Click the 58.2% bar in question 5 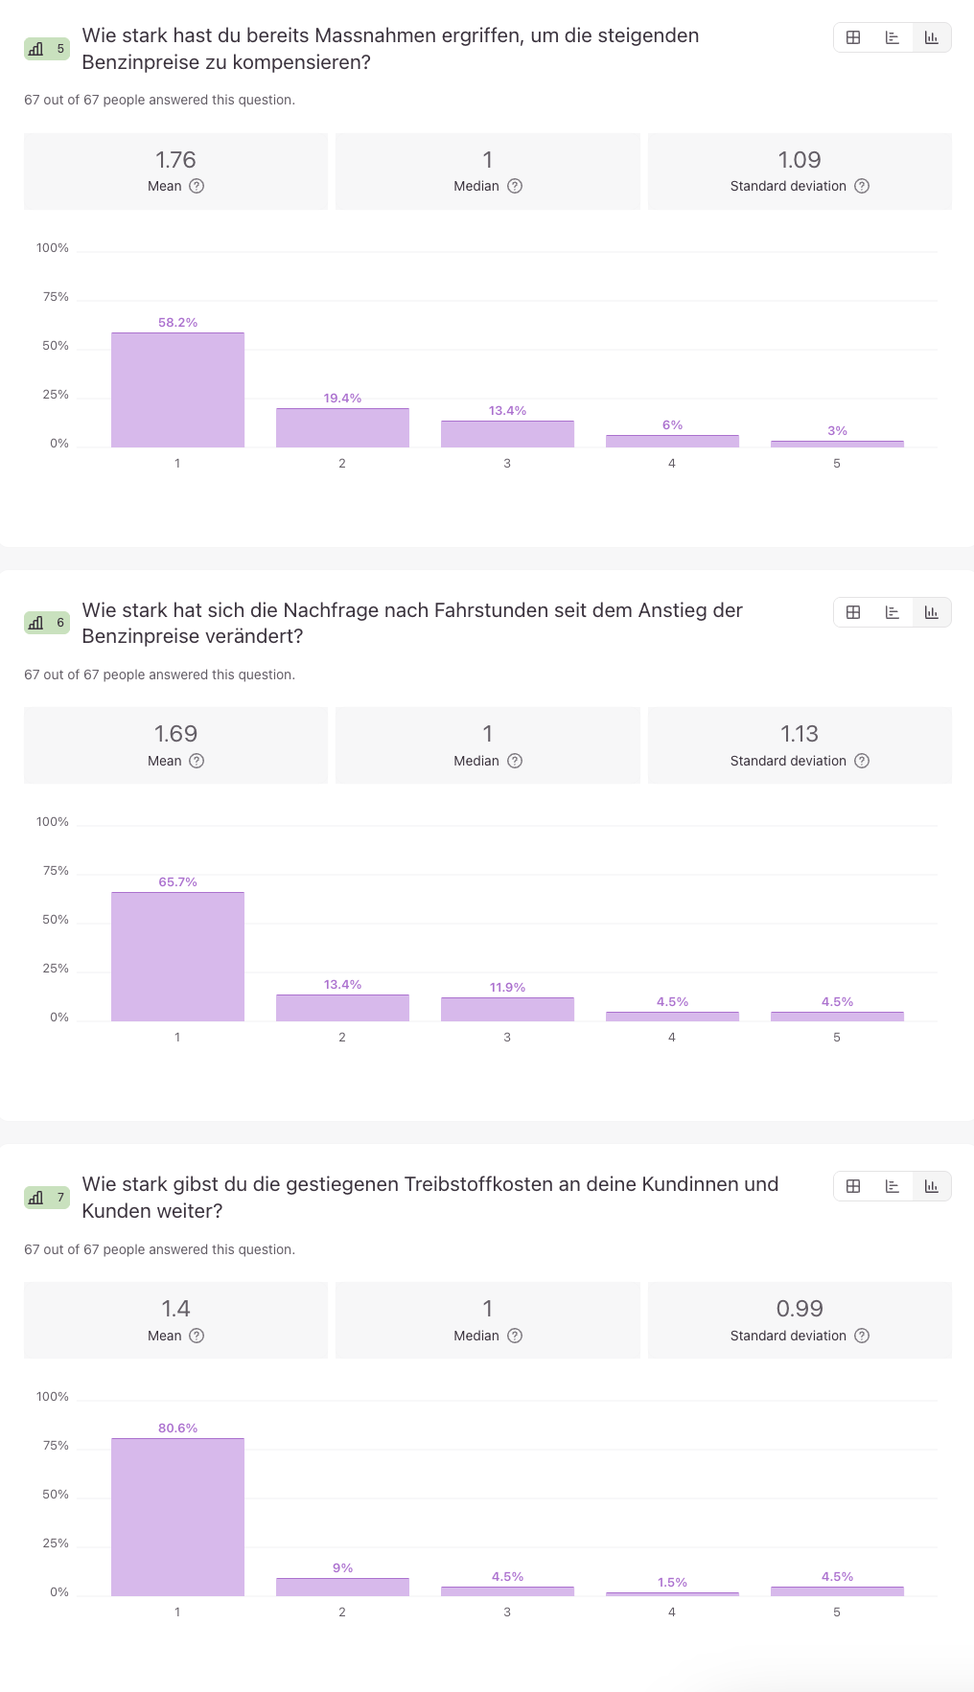tap(177, 390)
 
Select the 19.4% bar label tap(342, 399)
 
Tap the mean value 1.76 tap(175, 160)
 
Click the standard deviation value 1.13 tap(799, 734)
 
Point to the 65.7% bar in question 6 tap(177, 956)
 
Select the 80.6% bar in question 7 tap(177, 1517)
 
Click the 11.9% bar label tap(507, 988)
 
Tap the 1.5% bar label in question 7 tap(672, 1583)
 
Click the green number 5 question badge tap(47, 49)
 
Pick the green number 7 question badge tap(47, 1198)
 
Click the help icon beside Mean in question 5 tap(197, 186)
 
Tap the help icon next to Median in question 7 tap(515, 1336)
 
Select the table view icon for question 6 tap(853, 612)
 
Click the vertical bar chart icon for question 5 tap(931, 37)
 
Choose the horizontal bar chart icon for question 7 tap(893, 1186)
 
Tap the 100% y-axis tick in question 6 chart tap(53, 822)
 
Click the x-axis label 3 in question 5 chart tap(507, 464)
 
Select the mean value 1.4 tap(175, 1309)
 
